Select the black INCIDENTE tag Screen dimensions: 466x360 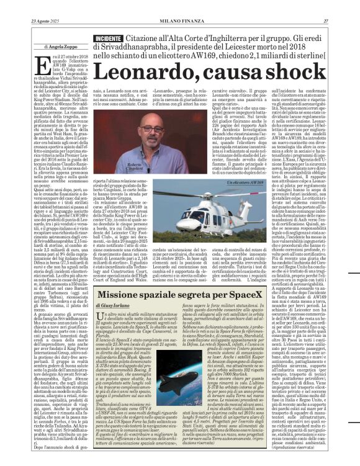point(107,38)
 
